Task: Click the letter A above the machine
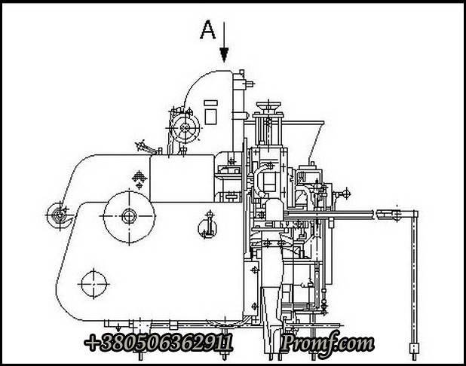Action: click(x=207, y=29)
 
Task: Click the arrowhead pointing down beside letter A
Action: click(x=224, y=55)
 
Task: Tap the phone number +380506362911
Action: click(x=158, y=342)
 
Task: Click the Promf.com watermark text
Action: click(x=327, y=343)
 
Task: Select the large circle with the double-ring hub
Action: click(x=129, y=216)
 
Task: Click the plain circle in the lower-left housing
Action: click(x=94, y=284)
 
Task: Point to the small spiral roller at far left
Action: click(x=59, y=215)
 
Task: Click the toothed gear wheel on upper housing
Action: click(x=185, y=128)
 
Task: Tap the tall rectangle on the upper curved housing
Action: click(x=210, y=117)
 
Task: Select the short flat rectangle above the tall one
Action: click(x=210, y=103)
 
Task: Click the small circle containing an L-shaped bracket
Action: click(x=207, y=228)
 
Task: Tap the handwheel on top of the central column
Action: click(x=268, y=105)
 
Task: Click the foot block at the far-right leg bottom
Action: click(x=414, y=348)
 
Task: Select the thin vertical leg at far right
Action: click(x=414, y=280)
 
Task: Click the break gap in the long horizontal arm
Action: click(x=376, y=215)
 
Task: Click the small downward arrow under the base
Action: click(x=118, y=328)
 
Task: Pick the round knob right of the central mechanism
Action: click(x=346, y=194)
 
